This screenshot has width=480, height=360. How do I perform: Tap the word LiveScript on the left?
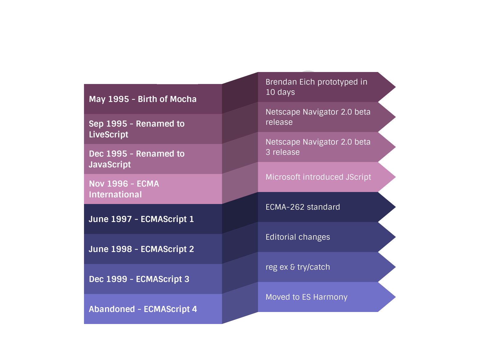[x=109, y=135]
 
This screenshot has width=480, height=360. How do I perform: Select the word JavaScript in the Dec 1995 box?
[x=110, y=165]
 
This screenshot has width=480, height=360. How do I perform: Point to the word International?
[x=115, y=195]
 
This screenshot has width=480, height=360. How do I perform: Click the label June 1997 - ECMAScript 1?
[x=141, y=219]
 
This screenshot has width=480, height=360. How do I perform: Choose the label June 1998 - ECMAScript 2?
[x=141, y=249]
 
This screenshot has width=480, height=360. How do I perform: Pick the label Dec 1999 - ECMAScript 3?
[x=139, y=279]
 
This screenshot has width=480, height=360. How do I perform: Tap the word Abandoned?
[x=112, y=309]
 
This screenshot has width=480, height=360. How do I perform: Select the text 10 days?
[x=280, y=92]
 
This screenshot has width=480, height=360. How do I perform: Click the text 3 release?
[x=283, y=152]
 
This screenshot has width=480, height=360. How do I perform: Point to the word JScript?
[x=358, y=177]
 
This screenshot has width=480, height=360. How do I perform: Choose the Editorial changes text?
[x=298, y=237]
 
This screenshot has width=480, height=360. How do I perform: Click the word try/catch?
[x=313, y=267]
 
